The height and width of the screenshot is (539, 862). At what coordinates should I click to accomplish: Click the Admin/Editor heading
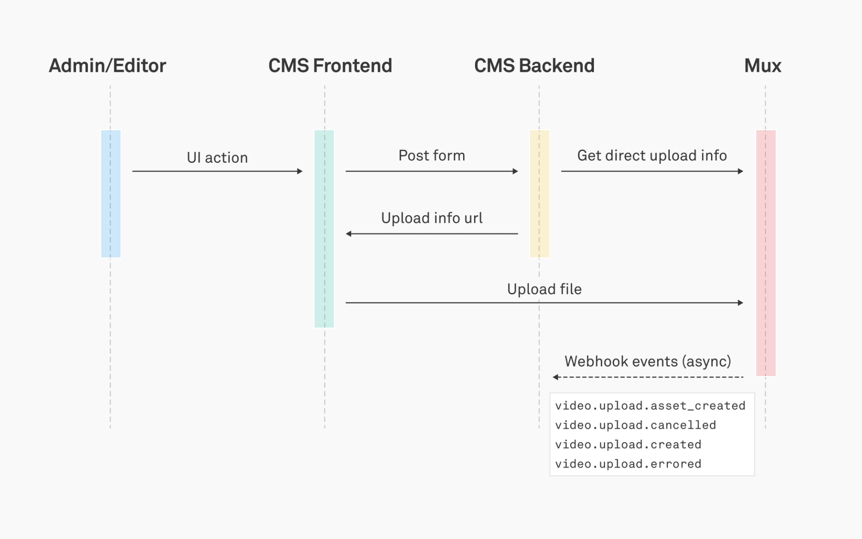[x=107, y=66]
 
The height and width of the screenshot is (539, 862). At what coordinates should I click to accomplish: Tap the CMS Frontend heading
[x=330, y=66]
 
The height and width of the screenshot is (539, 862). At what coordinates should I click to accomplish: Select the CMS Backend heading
[x=534, y=66]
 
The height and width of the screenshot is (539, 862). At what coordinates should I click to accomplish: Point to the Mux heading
[x=762, y=66]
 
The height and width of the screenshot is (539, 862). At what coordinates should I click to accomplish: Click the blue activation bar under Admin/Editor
[x=111, y=194]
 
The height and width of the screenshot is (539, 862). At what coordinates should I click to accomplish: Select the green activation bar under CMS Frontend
[x=324, y=229]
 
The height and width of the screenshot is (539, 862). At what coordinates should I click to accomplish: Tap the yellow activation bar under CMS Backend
[x=540, y=194]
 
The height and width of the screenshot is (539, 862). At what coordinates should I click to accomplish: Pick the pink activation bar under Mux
[x=766, y=252]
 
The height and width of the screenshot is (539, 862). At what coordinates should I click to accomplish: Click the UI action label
[x=217, y=158]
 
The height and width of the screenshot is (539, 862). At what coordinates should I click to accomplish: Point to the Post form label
[x=431, y=155]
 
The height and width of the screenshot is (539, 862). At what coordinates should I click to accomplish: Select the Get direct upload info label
[x=651, y=155]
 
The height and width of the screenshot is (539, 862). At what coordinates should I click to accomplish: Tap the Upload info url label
[x=431, y=218]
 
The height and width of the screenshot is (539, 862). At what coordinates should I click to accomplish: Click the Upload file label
[x=544, y=289]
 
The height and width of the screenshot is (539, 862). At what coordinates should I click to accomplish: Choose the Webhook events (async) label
[x=647, y=361]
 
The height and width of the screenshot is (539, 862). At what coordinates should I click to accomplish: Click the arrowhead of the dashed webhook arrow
[x=555, y=377]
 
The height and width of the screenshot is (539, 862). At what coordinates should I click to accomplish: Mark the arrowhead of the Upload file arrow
[x=740, y=303]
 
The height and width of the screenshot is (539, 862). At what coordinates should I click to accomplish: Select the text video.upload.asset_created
[x=650, y=406]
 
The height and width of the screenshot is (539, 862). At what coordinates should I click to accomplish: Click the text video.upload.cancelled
[x=635, y=425]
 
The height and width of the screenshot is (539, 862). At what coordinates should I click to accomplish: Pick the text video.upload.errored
[x=628, y=464]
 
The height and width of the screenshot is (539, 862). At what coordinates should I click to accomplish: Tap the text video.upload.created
[x=628, y=444]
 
